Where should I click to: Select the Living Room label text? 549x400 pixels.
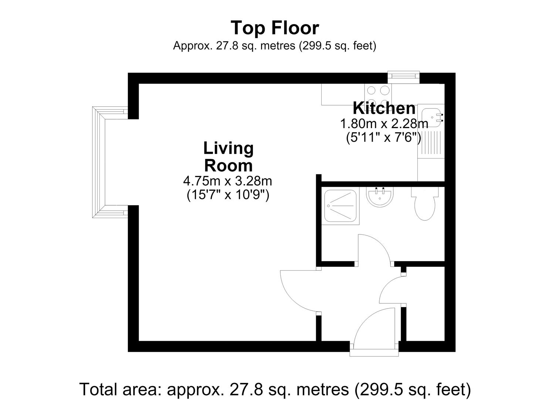click(228, 157)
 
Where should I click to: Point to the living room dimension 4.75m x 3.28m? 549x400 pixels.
click(228, 181)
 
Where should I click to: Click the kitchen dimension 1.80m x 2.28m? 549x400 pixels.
click(384, 124)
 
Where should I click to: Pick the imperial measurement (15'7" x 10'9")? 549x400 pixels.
click(228, 196)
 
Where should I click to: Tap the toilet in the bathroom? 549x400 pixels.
click(425, 204)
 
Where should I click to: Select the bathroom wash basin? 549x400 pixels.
click(380, 197)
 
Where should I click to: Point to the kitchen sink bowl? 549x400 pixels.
click(431, 117)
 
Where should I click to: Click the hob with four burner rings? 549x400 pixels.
click(378, 94)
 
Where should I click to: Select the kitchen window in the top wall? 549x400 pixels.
click(404, 77)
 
